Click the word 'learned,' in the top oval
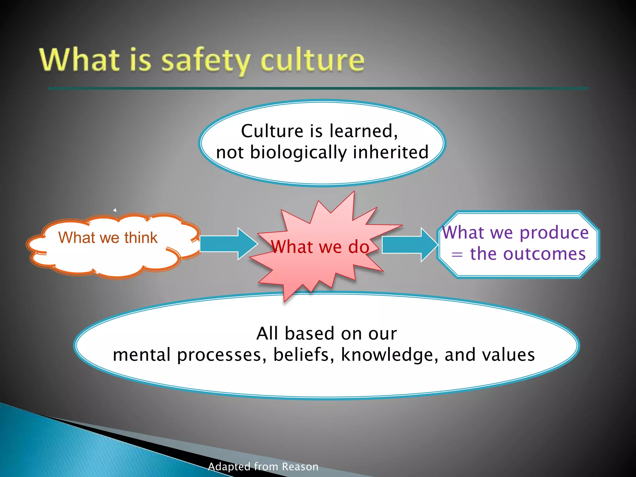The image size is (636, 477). point(363,131)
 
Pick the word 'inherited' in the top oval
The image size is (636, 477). point(391,152)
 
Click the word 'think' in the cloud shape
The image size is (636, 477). point(141,238)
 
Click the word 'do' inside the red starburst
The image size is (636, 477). point(359,247)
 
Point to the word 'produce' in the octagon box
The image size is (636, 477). point(554,233)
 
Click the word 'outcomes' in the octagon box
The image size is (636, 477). point(544,254)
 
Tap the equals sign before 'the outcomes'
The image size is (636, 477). point(457,255)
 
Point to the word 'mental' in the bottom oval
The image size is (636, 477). point(142,355)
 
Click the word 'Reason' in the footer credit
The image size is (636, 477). point(300,467)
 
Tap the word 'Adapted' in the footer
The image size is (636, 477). point(229,467)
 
